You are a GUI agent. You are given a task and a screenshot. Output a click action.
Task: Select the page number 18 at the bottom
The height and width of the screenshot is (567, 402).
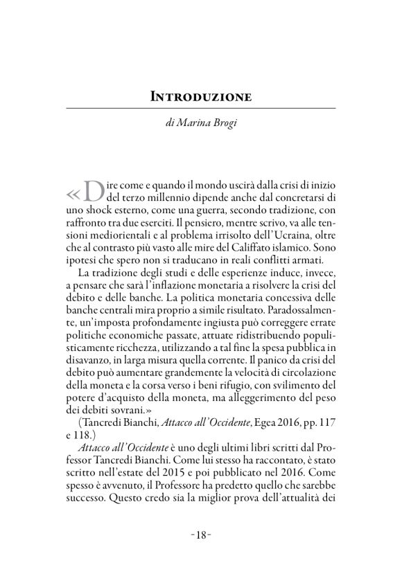click(201, 534)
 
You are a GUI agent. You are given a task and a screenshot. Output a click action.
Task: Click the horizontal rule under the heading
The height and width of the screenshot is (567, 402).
click(201, 108)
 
